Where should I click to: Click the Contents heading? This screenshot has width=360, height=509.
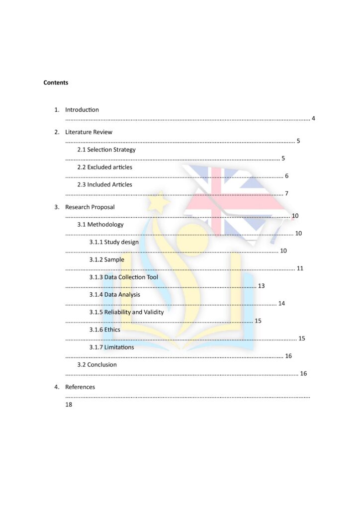coord(56,83)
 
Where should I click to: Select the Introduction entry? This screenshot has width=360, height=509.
coord(82,110)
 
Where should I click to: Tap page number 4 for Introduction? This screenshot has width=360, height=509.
coord(313,118)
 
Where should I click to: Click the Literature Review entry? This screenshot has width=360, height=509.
coord(89,132)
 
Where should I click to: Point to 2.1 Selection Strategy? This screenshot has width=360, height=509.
coord(106,150)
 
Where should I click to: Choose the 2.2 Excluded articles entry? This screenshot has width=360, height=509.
coord(104,167)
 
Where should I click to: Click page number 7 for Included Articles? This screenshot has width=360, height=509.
coord(286,193)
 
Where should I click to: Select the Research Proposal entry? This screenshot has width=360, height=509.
coord(90,207)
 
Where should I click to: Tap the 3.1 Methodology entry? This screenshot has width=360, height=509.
coord(100,225)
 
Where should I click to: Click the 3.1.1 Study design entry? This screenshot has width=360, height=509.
coord(114,242)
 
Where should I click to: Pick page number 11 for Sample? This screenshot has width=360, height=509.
coord(300,268)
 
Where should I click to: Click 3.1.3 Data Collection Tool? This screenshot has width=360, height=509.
coord(123,277)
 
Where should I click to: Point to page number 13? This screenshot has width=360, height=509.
coord(262,286)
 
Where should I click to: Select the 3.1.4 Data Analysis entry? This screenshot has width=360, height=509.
coord(114,295)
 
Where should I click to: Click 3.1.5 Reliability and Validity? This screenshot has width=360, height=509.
coord(126,312)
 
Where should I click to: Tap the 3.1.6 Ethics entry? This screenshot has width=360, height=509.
coord(104,330)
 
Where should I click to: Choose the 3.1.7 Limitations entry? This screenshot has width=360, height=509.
coord(111,347)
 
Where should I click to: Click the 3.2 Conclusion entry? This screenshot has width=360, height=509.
coord(96,364)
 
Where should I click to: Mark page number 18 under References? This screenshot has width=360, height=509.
coord(69,405)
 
